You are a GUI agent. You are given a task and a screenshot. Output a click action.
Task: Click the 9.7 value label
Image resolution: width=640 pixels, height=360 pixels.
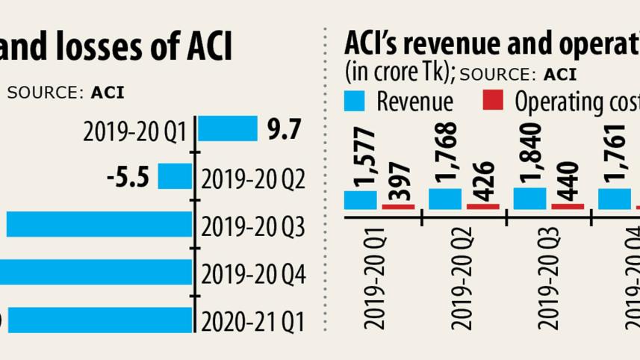click(284, 130)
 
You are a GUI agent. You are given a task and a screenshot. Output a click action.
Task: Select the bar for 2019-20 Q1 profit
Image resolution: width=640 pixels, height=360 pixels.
click(229, 130)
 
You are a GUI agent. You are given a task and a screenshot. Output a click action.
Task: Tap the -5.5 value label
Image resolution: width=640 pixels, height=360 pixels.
click(128, 178)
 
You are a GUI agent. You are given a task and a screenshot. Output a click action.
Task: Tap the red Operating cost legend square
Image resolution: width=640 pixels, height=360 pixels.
click(493, 100)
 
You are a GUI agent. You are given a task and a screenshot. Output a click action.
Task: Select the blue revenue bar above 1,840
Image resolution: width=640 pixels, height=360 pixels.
click(530, 198)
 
